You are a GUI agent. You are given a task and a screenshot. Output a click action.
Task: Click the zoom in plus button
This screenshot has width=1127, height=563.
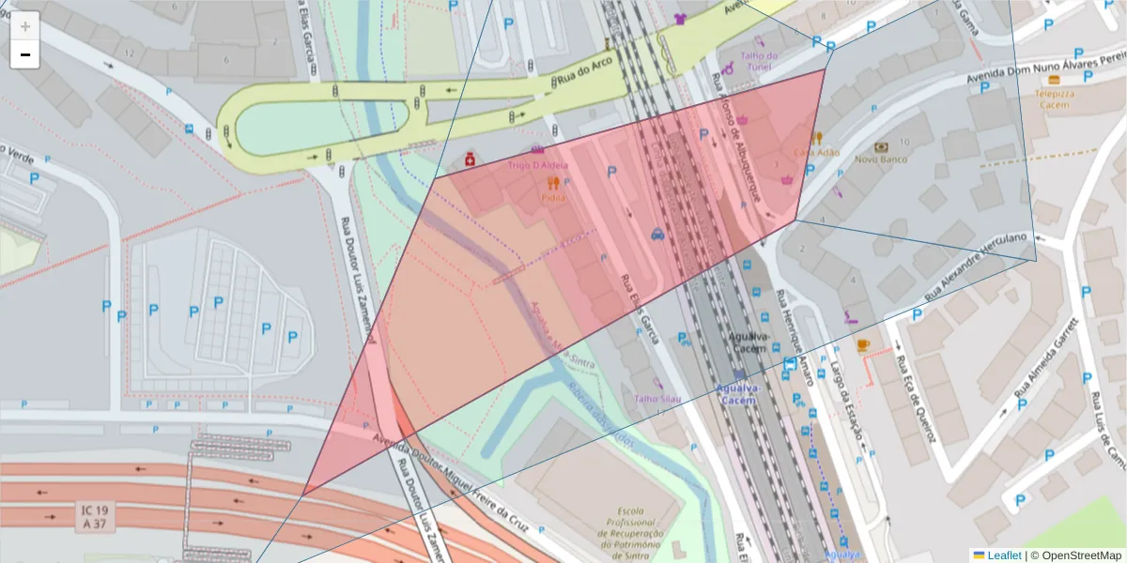click(25, 26)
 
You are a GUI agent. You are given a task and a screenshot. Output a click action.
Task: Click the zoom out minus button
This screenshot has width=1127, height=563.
click(25, 54)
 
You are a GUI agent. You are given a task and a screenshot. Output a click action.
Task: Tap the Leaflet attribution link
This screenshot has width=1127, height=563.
click(1003, 555)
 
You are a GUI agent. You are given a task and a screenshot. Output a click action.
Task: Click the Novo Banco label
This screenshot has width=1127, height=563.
click(879, 160)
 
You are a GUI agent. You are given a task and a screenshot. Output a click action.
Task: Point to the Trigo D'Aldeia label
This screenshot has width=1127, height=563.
click(538, 165)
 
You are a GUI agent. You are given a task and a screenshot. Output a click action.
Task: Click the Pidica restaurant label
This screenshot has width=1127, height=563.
click(553, 198)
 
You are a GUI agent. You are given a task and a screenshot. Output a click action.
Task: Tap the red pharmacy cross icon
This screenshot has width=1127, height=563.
click(469, 160)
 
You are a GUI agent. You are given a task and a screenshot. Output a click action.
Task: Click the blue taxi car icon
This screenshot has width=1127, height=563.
click(657, 235)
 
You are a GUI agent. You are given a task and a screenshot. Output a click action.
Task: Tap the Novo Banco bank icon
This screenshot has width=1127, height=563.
click(880, 146)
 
